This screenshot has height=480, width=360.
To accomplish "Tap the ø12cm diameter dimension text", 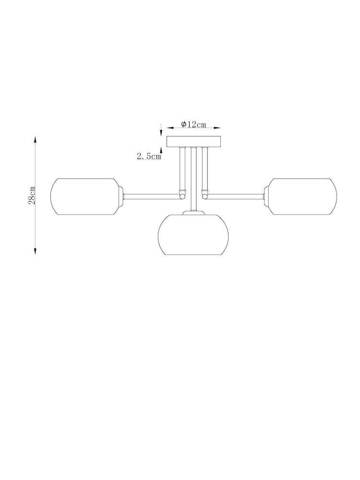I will (x=193, y=125).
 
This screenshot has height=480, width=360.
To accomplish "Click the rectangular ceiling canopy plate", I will (x=193, y=142).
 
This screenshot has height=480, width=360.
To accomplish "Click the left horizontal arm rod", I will (x=152, y=194).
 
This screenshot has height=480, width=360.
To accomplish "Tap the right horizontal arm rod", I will (x=235, y=194).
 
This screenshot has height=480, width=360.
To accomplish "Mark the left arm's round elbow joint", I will (x=182, y=195).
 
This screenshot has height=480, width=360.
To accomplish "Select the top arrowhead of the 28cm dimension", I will (x=35, y=139).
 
